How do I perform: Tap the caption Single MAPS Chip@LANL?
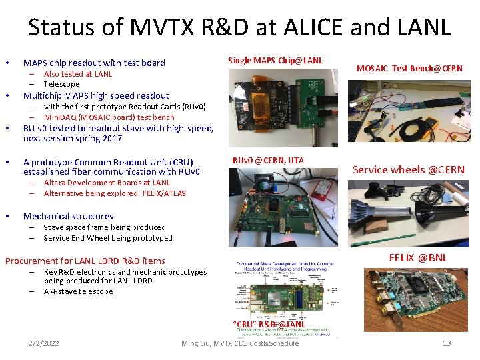click(x=275, y=61)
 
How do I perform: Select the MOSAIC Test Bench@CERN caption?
click(x=409, y=69)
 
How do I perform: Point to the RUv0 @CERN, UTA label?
click(x=268, y=160)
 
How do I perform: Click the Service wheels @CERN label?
click(x=409, y=169)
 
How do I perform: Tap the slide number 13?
click(x=447, y=343)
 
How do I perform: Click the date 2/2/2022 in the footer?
click(x=44, y=343)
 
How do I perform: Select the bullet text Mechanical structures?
click(x=68, y=216)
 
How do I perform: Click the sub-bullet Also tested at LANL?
click(x=78, y=74)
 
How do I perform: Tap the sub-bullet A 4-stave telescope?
click(x=78, y=291)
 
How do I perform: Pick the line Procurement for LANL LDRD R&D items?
click(x=85, y=261)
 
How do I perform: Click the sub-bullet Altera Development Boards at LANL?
click(x=107, y=183)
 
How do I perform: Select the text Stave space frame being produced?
click(x=105, y=227)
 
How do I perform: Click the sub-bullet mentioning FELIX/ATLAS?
click(x=115, y=193)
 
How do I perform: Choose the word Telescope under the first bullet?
click(x=61, y=84)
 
